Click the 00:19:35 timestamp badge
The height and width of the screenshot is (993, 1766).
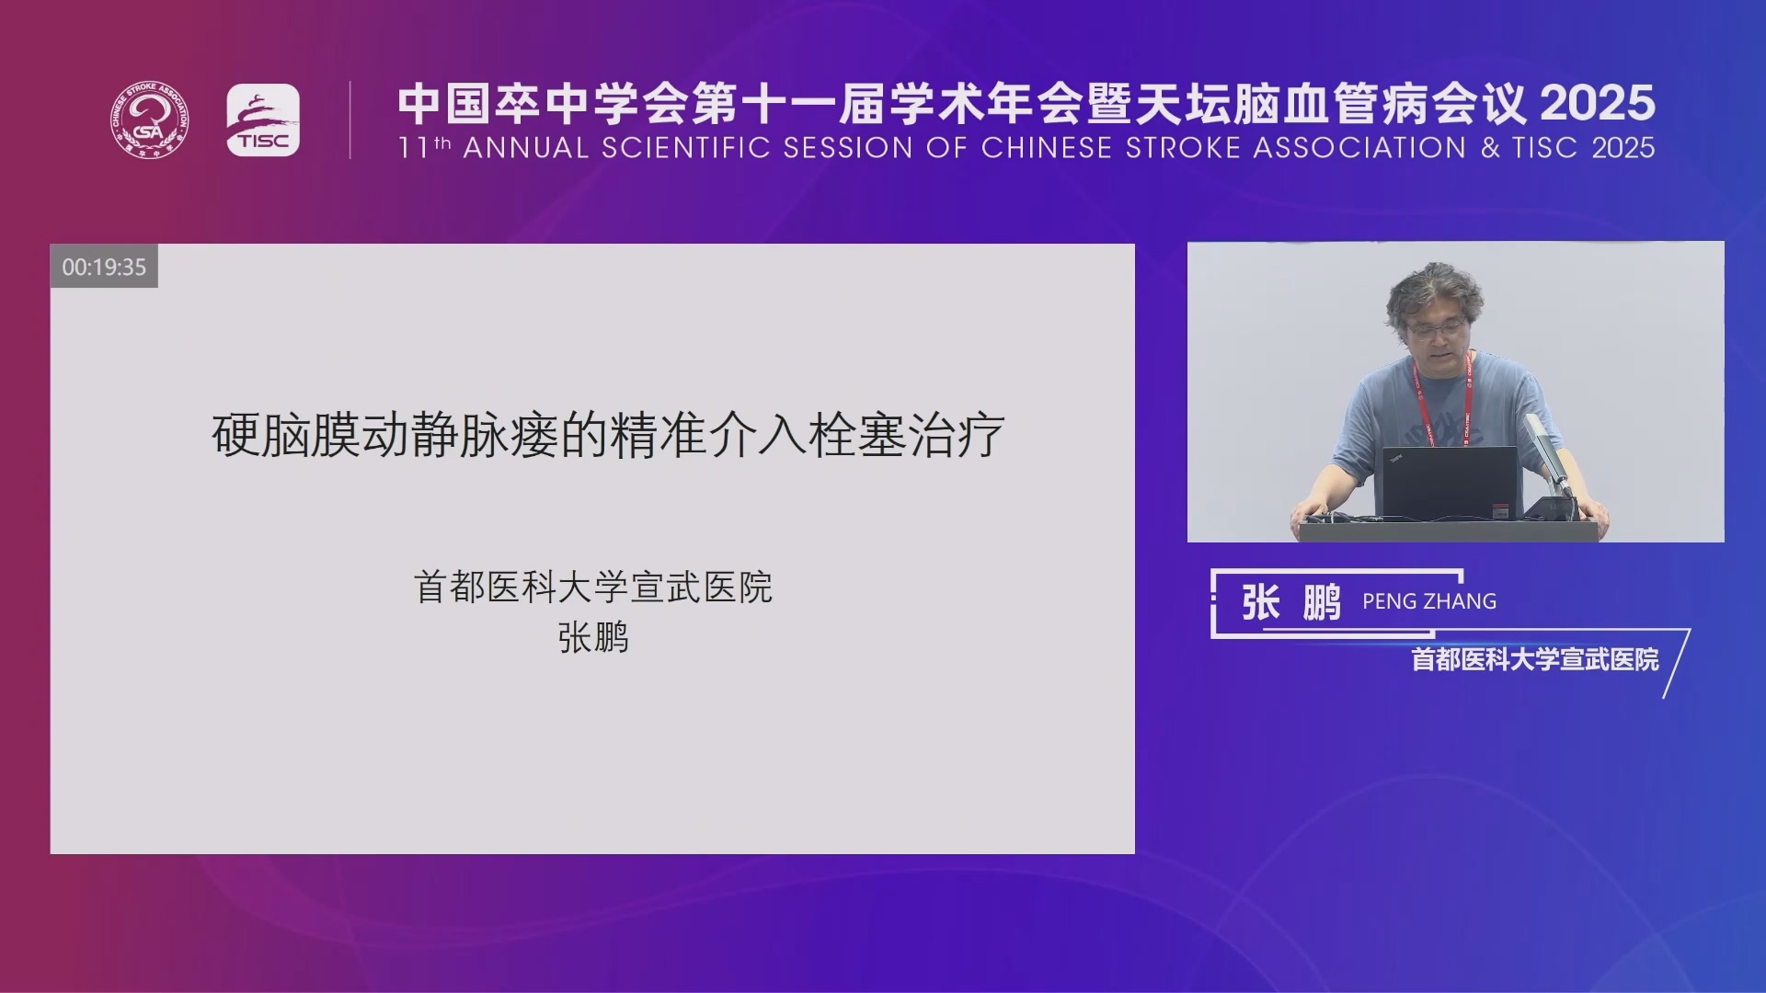click(x=104, y=267)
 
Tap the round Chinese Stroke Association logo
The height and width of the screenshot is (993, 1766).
click(x=151, y=120)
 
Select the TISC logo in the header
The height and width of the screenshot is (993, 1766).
click(x=263, y=120)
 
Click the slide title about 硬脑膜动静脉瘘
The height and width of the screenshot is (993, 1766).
click(x=608, y=435)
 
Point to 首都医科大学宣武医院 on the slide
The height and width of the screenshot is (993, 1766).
click(x=593, y=587)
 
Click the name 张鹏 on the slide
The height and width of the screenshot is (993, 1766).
click(x=593, y=637)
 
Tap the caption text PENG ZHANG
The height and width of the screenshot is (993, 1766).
click(x=1429, y=601)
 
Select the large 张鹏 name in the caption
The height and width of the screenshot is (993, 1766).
click(x=1291, y=602)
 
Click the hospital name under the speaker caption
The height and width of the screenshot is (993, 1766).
click(x=1535, y=659)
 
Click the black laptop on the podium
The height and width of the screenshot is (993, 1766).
click(x=1450, y=482)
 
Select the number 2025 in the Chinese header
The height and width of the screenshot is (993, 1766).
click(x=1598, y=103)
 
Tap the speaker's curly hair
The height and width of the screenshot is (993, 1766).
click(x=1434, y=290)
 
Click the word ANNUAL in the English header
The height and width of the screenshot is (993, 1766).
click(x=525, y=148)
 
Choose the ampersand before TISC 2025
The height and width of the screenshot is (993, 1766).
click(x=1490, y=148)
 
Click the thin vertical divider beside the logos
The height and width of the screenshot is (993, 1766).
click(x=350, y=120)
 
